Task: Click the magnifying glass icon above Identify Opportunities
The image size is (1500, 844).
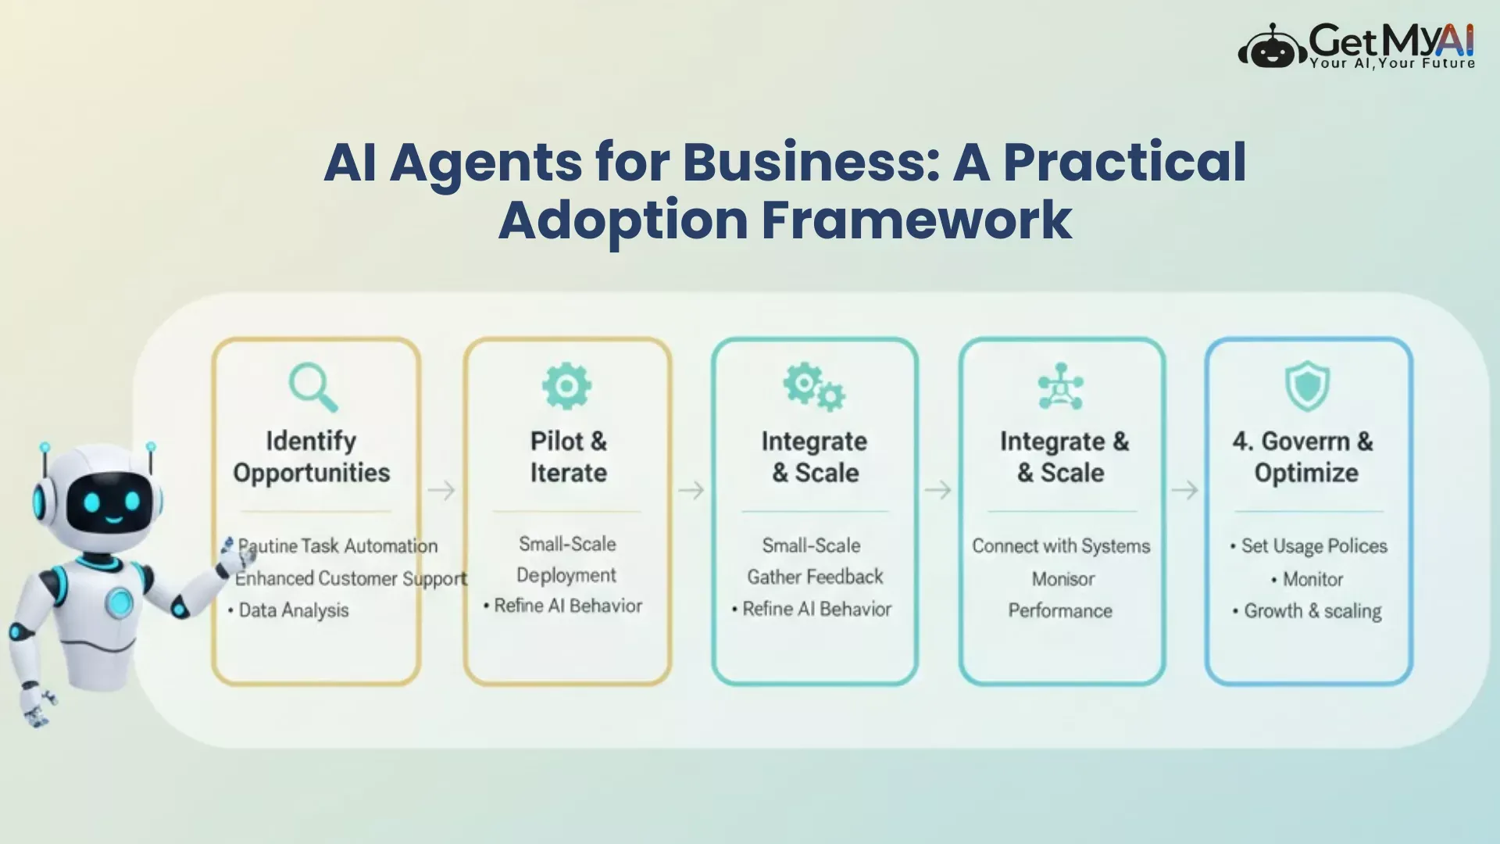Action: click(313, 386)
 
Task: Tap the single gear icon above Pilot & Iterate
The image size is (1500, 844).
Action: click(567, 385)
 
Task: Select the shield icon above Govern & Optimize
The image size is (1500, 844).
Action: click(1307, 385)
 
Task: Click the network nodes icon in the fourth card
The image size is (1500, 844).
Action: click(1060, 386)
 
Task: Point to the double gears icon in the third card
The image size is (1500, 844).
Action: click(814, 387)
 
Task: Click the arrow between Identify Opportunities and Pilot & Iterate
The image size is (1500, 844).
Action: click(441, 490)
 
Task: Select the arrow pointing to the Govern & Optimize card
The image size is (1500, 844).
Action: click(1184, 490)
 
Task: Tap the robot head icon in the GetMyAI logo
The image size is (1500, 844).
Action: click(1272, 49)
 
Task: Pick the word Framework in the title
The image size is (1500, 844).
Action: click(916, 220)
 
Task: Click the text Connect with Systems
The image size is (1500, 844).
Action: click(1061, 545)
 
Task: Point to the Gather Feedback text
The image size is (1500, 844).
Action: click(815, 577)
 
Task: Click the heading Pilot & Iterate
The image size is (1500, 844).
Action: click(569, 457)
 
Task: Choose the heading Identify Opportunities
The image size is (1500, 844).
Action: click(312, 457)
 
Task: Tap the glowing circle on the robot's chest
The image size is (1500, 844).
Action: click(120, 600)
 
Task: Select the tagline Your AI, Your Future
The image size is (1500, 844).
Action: click(1393, 63)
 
